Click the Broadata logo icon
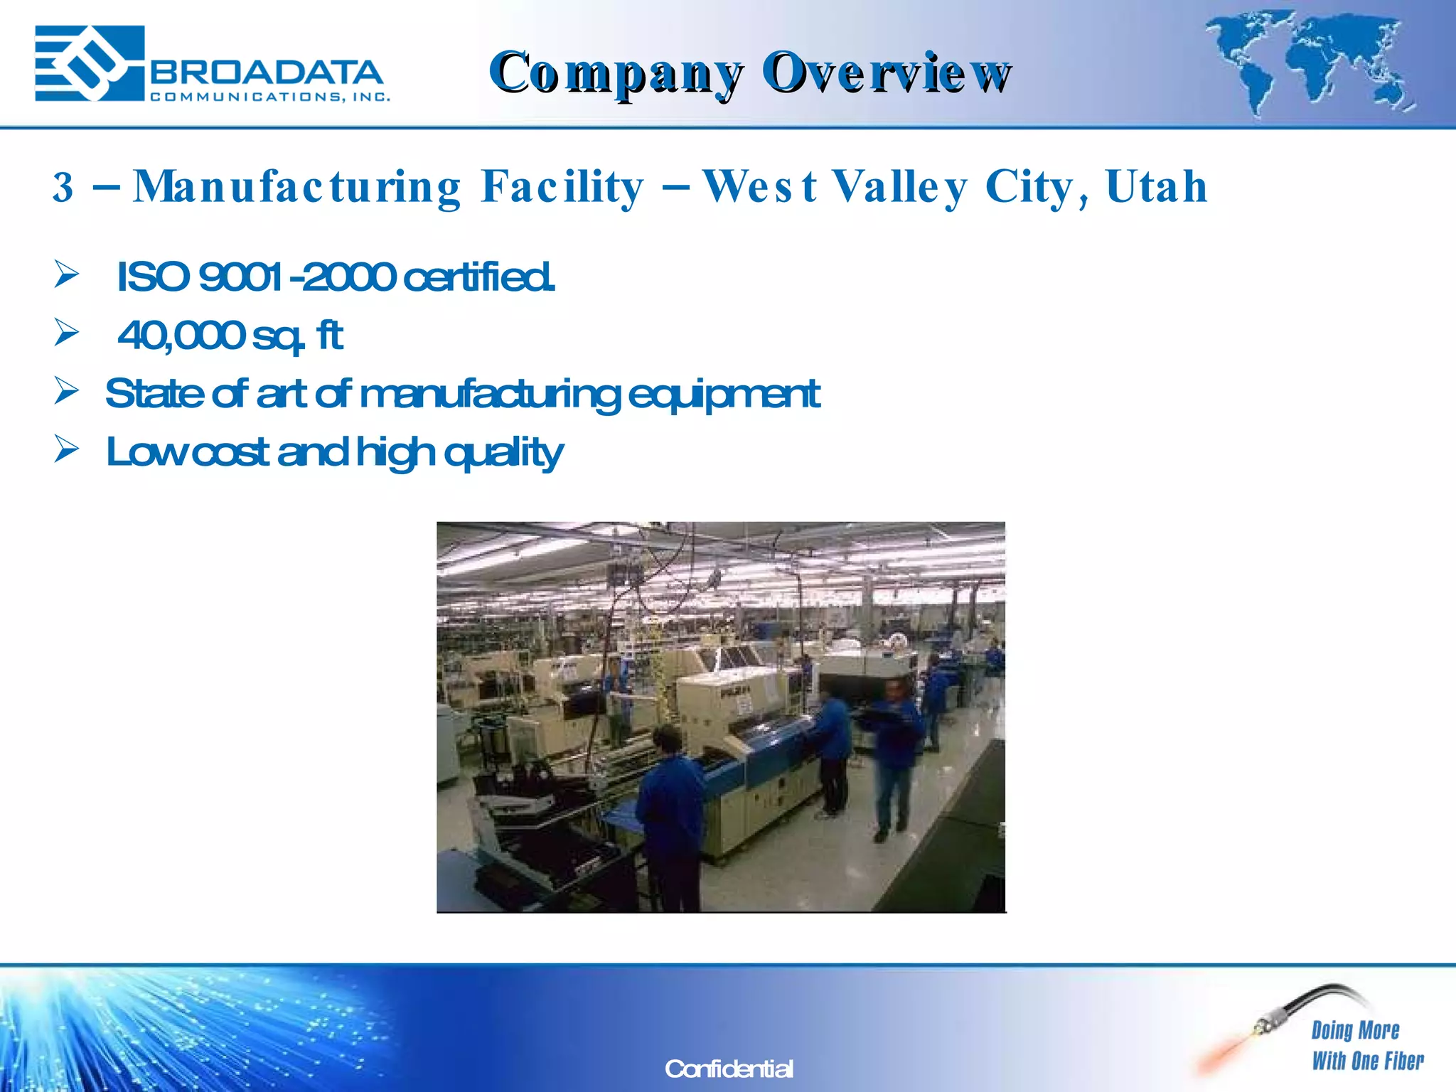pos(90,63)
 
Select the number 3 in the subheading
pos(63,187)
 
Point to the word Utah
pos(1156,187)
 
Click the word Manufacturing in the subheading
pos(297,187)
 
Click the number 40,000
pos(181,335)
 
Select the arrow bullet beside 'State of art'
pos(66,391)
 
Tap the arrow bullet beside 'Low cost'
pos(66,449)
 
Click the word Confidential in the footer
pos(729,1069)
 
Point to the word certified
pos(478,277)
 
